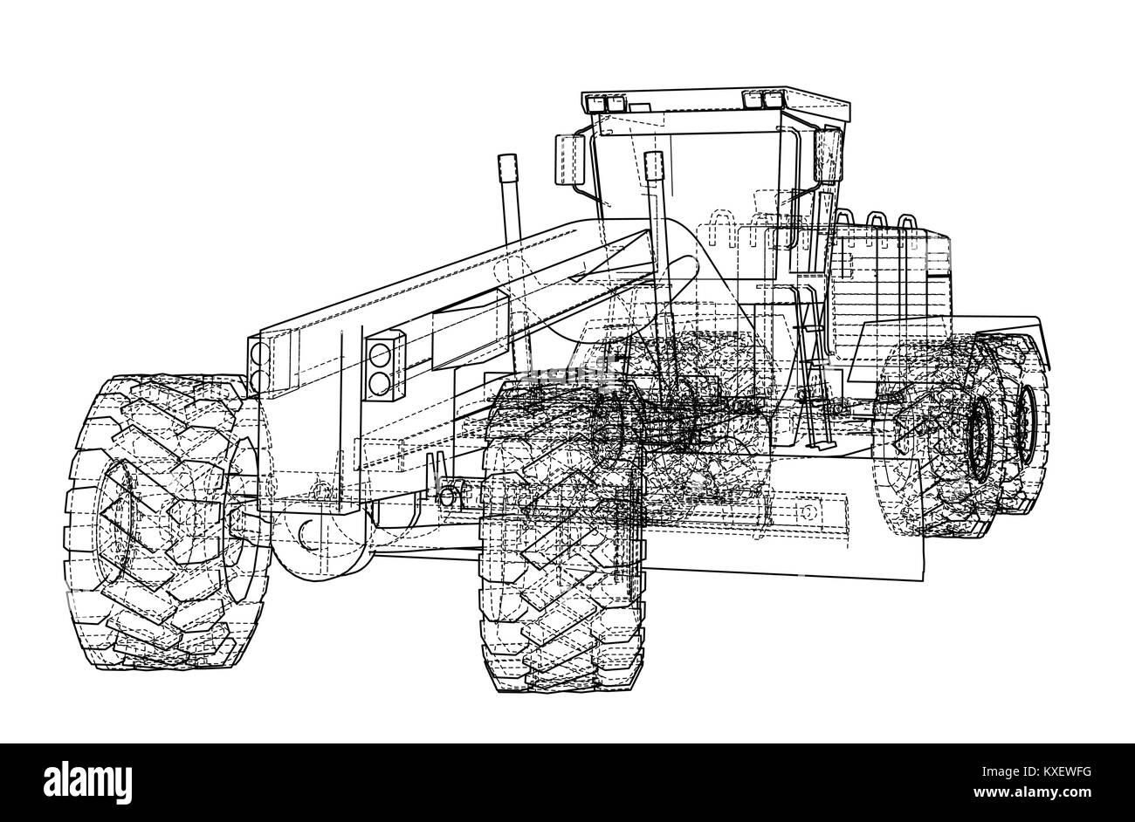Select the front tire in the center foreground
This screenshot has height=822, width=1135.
[x=562, y=537]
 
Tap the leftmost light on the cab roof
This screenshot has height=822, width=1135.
[x=595, y=105]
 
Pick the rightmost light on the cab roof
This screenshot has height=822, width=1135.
[x=774, y=99]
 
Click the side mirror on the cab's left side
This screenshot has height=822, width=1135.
[x=570, y=160]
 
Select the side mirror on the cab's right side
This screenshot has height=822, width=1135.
[x=827, y=155]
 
